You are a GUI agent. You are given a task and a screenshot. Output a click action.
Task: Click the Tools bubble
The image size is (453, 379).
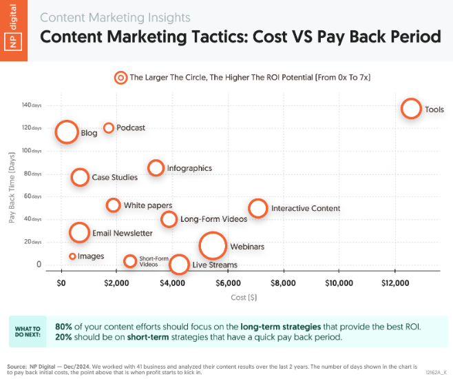click(411, 99)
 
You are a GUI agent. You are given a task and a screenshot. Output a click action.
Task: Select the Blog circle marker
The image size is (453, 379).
click(67, 122)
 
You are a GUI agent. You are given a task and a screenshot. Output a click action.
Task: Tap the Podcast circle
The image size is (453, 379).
click(109, 124)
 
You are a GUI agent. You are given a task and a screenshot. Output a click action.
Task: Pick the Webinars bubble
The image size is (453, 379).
click(213, 233)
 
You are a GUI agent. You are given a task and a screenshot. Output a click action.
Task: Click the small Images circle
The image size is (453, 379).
click(72, 254)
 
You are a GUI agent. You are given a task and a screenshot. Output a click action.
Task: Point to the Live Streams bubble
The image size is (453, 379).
click(179, 256)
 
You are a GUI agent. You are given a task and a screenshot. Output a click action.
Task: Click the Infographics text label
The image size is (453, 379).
click(189, 168)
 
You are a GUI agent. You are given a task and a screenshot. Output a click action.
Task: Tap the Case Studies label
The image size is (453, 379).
click(115, 177)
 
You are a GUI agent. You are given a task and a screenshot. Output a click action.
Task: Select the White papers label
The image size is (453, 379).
click(148, 205)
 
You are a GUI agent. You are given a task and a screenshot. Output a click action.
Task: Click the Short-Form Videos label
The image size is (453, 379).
click(154, 261)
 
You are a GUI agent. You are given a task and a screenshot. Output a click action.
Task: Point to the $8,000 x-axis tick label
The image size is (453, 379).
click(283, 283)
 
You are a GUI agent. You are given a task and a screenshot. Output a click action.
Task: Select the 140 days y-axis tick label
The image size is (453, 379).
click(32, 105)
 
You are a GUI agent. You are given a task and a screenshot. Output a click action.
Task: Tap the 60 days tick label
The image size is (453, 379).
click(32, 196)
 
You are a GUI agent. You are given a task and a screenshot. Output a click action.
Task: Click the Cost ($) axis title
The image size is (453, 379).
click(244, 297)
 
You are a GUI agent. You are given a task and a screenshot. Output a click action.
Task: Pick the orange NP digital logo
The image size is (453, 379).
click(14, 30)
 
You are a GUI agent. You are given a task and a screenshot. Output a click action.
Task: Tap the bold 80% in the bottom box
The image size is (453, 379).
click(63, 327)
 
